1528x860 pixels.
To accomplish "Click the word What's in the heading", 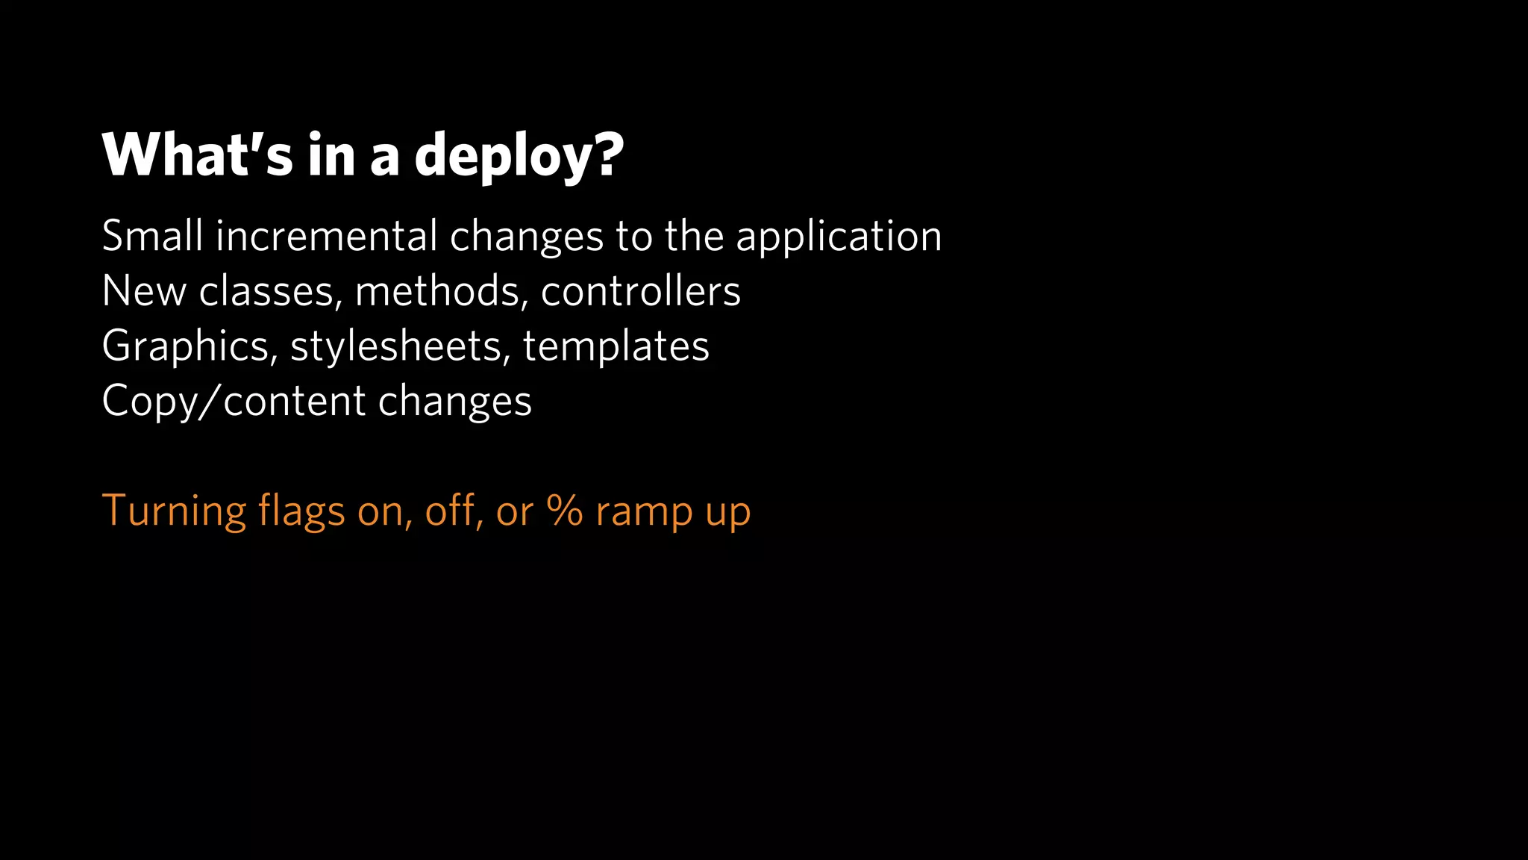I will tap(198, 155).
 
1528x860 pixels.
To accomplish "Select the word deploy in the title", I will tap(505, 157).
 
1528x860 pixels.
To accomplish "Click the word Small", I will tap(152, 236).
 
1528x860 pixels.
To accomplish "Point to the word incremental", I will tap(326, 236).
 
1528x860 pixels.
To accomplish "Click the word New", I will tap(144, 291).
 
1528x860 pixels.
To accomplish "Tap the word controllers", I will tap(640, 291).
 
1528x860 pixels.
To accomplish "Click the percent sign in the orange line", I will tap(565, 511).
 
